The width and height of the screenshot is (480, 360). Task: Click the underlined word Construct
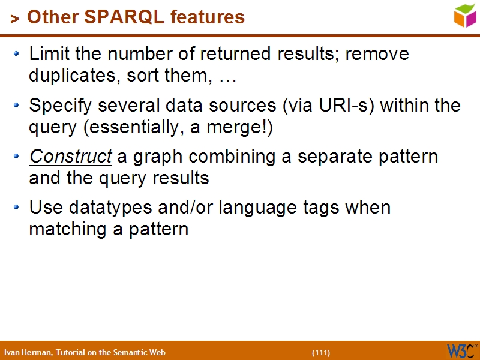tap(71, 157)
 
